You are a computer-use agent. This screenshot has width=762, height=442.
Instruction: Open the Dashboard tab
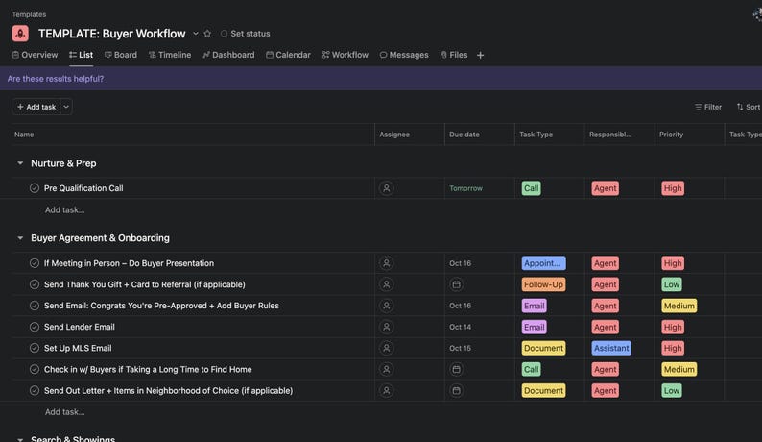click(x=227, y=55)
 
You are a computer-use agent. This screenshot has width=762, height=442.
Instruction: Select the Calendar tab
click(x=288, y=55)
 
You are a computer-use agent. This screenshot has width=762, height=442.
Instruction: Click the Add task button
click(x=36, y=107)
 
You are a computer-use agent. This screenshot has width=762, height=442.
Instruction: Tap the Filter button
click(x=708, y=107)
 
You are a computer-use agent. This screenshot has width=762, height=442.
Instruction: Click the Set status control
click(x=245, y=34)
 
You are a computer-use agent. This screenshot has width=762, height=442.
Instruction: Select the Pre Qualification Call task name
click(x=83, y=188)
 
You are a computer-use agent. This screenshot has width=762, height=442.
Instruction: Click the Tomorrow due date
click(x=466, y=188)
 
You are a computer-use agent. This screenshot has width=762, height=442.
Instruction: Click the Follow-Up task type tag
click(x=543, y=284)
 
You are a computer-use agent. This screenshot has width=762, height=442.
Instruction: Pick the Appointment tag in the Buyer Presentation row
click(x=543, y=263)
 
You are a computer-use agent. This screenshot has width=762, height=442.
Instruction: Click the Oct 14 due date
click(x=461, y=327)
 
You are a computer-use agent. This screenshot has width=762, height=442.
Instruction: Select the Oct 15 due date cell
click(x=461, y=348)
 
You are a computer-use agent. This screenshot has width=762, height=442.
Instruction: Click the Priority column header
click(x=672, y=135)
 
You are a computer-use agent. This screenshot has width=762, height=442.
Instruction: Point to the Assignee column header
click(x=395, y=135)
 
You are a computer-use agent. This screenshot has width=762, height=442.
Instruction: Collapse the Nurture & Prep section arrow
click(x=20, y=163)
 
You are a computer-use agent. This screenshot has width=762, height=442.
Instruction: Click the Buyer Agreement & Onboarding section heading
click(x=100, y=238)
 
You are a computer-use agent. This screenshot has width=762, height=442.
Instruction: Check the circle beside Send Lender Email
click(x=35, y=327)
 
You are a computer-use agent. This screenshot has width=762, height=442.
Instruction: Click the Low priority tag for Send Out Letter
click(x=672, y=391)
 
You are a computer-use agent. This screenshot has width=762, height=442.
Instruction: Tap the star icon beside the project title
click(x=207, y=34)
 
